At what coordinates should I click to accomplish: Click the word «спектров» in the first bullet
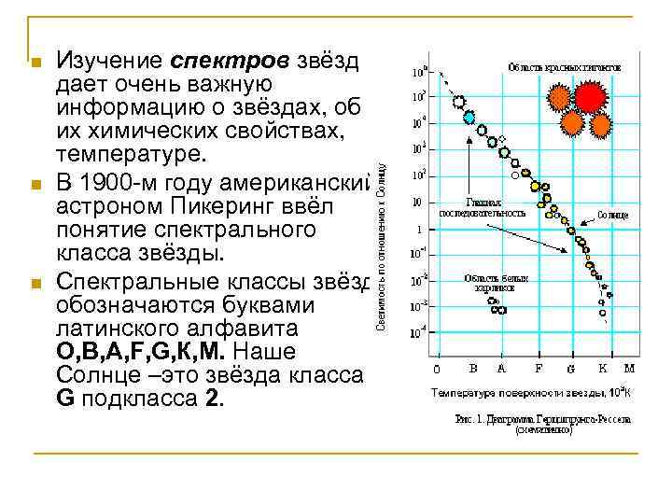232,61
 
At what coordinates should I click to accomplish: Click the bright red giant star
589,96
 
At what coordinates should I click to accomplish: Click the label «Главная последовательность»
496,207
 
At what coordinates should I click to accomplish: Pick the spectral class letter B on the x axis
473,368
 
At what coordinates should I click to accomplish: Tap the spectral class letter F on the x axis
539,368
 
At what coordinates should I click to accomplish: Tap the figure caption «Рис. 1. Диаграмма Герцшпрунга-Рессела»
541,419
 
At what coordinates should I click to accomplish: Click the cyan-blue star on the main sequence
469,118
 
